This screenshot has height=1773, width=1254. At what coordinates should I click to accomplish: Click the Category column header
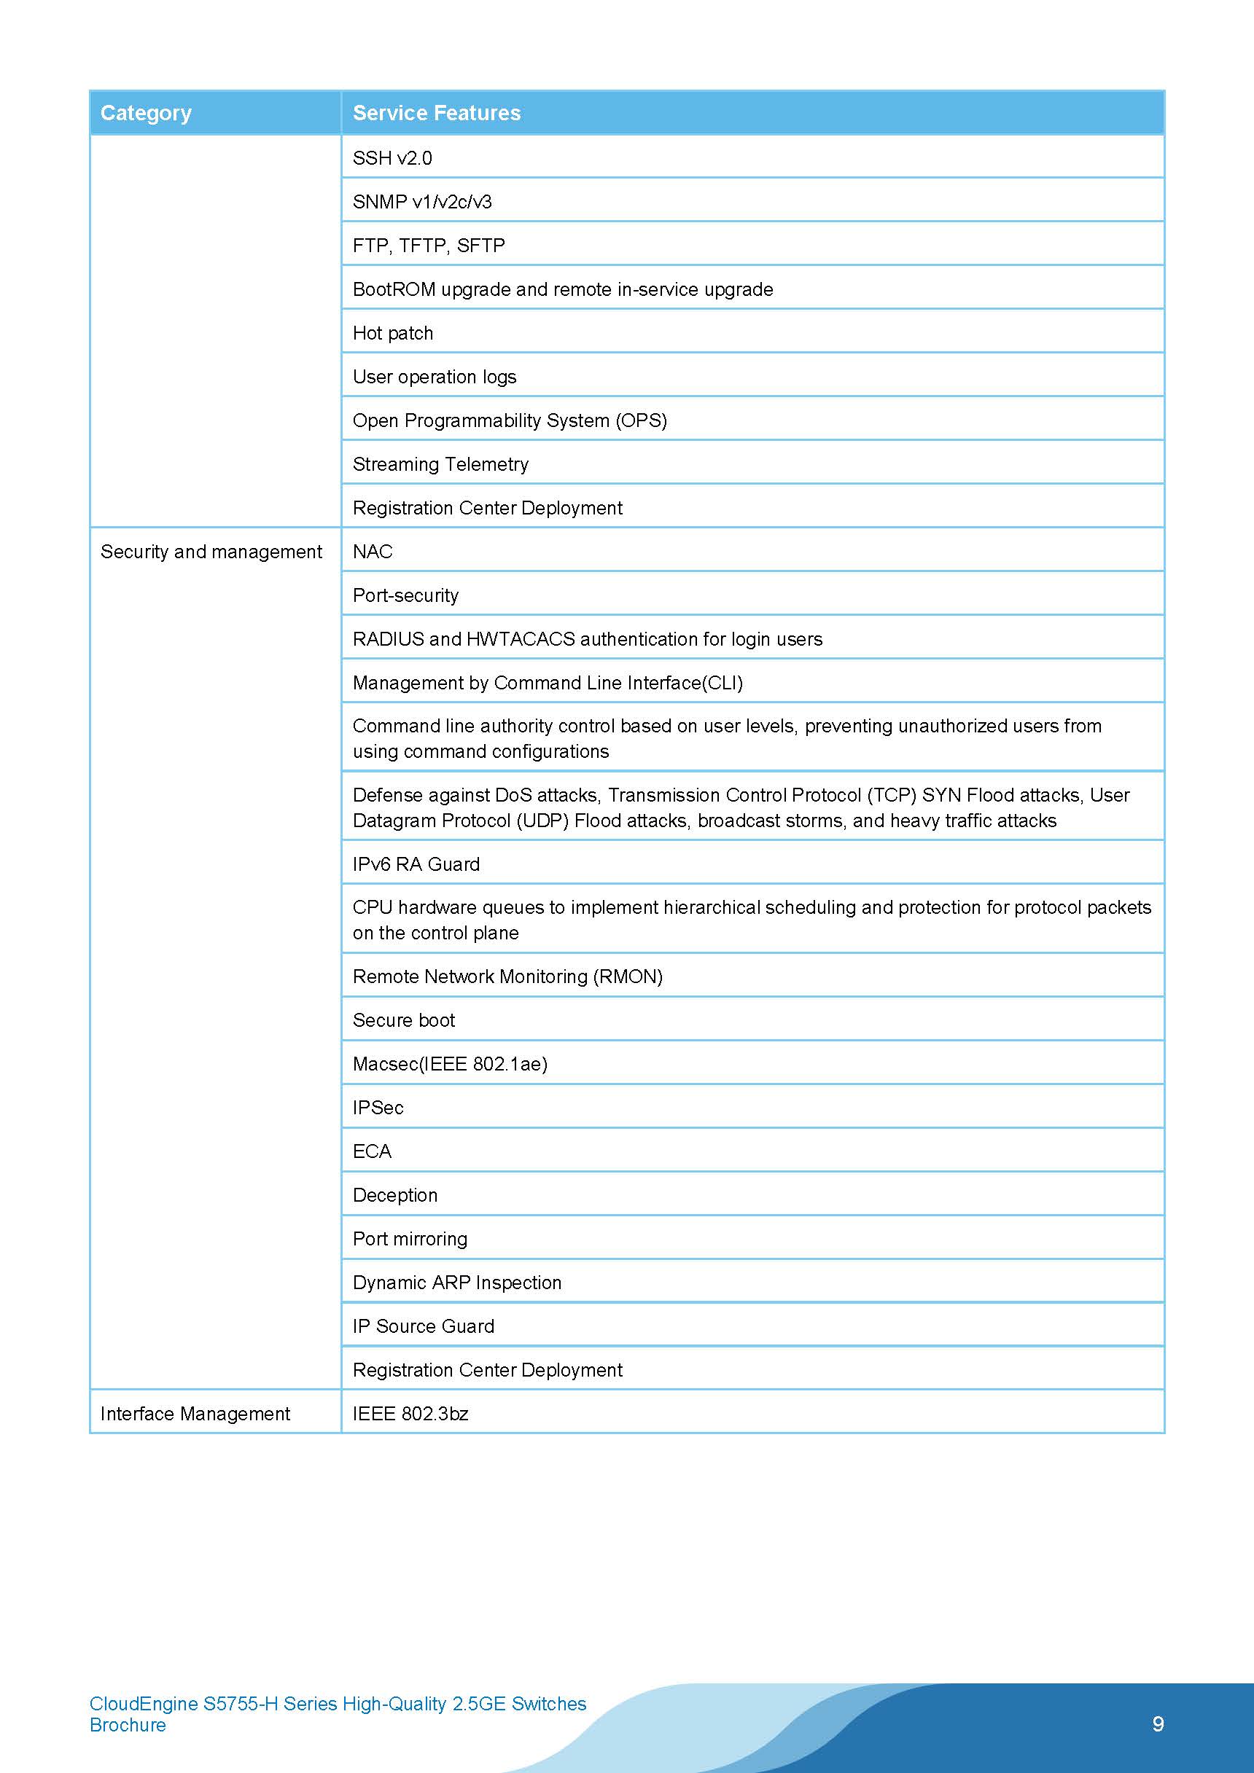[x=146, y=113]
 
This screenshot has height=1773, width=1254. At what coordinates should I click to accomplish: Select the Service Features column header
[x=437, y=113]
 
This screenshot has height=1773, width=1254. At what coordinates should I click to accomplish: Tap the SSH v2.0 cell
[x=392, y=157]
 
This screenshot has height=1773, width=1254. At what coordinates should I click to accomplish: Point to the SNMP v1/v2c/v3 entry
[x=422, y=202]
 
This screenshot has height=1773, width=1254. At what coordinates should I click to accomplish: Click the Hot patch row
[x=392, y=333]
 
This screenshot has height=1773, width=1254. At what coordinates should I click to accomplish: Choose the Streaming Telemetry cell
[x=440, y=464]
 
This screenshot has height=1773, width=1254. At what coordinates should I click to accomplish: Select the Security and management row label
[x=211, y=552]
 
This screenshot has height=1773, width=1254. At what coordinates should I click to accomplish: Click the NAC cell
[x=373, y=552]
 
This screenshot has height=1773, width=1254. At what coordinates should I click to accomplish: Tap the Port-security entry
[x=405, y=595]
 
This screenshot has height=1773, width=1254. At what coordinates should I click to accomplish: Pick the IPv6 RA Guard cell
[x=416, y=864]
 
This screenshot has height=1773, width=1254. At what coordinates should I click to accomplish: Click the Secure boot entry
[x=403, y=1020]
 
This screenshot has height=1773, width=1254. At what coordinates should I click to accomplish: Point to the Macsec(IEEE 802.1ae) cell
[x=450, y=1064]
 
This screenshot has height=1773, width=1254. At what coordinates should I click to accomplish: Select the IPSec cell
[x=378, y=1108]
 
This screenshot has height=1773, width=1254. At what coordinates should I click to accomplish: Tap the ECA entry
[x=372, y=1151]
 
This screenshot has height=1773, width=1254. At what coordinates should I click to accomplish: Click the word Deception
[x=395, y=1195]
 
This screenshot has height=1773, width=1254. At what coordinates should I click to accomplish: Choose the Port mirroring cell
[x=410, y=1239]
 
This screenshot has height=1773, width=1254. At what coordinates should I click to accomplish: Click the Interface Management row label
[x=195, y=1413]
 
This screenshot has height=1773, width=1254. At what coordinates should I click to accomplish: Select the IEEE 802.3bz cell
[x=410, y=1413]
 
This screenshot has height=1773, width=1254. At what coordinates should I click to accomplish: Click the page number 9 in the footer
[x=1158, y=1723]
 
